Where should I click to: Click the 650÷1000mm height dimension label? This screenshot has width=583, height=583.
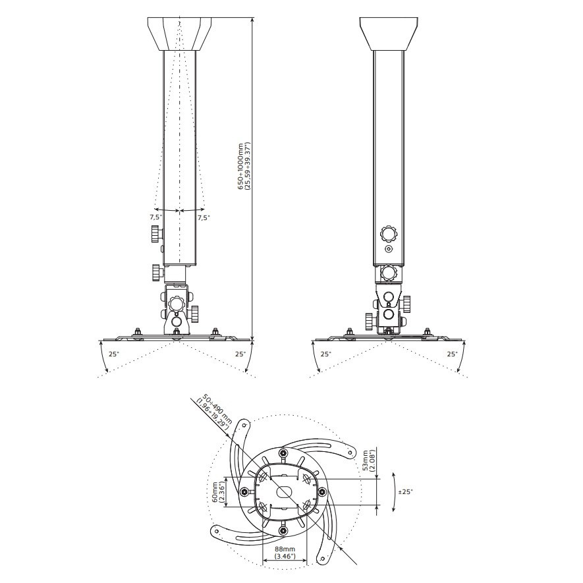coord(244,167)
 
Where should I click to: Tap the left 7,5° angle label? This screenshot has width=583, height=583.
coord(155,217)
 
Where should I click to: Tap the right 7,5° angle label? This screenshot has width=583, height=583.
coord(204,217)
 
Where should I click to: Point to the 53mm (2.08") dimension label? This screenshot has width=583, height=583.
coord(368,460)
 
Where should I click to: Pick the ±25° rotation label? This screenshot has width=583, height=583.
coord(405,491)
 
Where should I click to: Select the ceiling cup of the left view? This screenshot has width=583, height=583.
coord(180,34)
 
